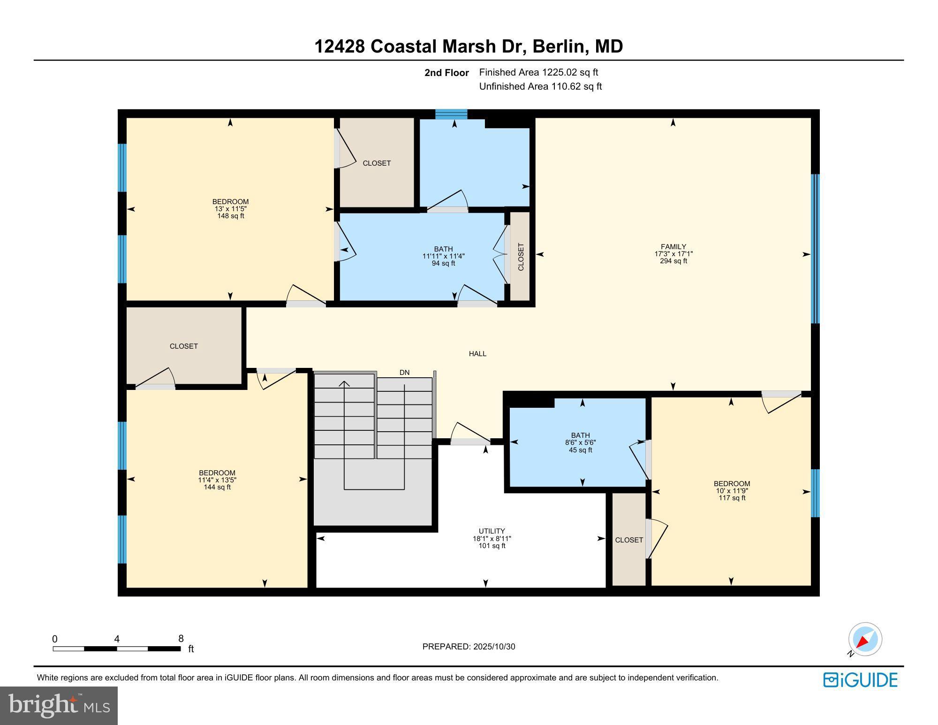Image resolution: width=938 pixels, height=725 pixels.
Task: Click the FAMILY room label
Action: point(673,246)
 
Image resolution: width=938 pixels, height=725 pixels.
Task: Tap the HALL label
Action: point(477,354)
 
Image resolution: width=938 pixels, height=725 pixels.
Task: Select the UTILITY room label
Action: point(492,531)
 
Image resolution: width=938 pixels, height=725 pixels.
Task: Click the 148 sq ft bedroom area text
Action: point(230,216)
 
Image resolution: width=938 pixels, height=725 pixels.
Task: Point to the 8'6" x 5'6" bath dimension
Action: point(580,443)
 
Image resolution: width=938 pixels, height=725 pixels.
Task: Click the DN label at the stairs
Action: point(404,373)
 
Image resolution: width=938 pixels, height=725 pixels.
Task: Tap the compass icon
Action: point(865,639)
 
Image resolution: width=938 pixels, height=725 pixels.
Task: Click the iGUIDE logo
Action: point(860,680)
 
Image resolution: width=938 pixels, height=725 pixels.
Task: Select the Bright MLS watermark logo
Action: point(59,705)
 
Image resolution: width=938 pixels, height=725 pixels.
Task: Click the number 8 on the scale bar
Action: point(181,639)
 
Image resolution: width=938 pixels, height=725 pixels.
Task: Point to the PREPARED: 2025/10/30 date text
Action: point(469,647)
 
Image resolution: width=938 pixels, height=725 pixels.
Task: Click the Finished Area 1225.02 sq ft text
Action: point(538,72)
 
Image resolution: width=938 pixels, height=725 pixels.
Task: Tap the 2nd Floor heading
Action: point(446,73)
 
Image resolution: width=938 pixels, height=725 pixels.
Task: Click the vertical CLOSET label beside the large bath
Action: point(521,257)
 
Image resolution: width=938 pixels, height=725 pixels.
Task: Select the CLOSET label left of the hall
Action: point(183,346)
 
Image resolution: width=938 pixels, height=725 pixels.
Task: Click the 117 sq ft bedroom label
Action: point(732,498)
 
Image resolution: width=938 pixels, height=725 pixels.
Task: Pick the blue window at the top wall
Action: point(451,114)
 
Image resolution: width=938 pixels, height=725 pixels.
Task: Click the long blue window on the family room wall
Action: point(815,249)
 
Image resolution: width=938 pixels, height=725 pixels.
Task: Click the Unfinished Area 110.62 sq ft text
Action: point(540,86)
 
